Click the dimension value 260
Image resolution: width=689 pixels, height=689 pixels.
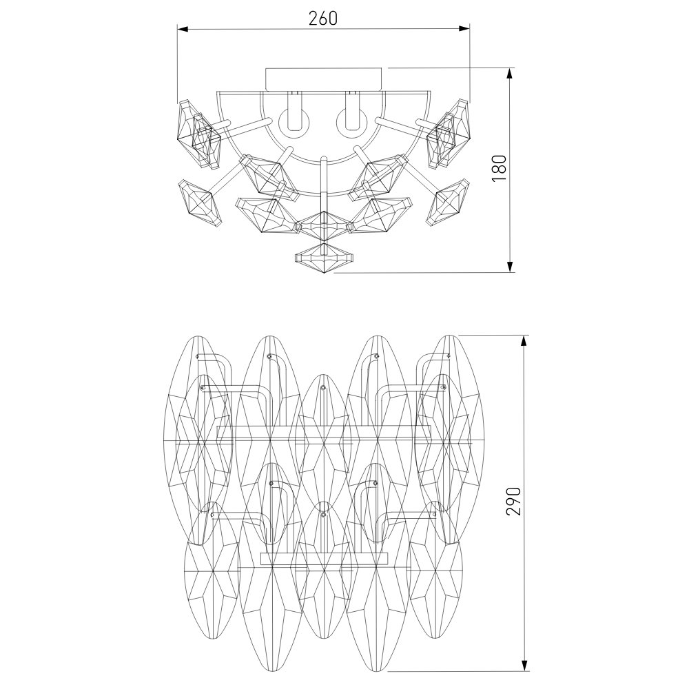tap(323, 18)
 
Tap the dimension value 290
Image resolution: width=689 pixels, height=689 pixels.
tap(513, 502)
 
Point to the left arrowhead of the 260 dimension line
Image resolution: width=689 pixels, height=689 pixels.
tap(183, 29)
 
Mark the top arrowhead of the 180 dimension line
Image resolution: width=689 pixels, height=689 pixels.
tap(510, 74)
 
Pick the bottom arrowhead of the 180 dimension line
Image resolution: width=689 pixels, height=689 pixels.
tap(510, 267)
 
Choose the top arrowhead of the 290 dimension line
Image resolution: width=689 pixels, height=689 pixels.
tap(524, 341)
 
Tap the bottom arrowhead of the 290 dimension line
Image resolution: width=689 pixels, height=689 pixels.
tap(524, 677)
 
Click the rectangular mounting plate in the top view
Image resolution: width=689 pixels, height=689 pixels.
tap(324, 79)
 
